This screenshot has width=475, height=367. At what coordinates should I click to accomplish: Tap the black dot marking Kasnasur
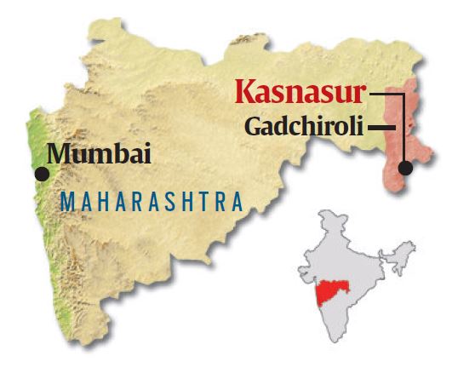click(405, 168)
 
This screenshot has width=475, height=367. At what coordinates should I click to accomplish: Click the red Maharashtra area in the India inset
click(332, 292)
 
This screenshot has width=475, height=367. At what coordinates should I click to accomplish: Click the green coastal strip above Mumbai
click(35, 136)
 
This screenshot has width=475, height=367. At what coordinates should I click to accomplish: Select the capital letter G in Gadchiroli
click(254, 127)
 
